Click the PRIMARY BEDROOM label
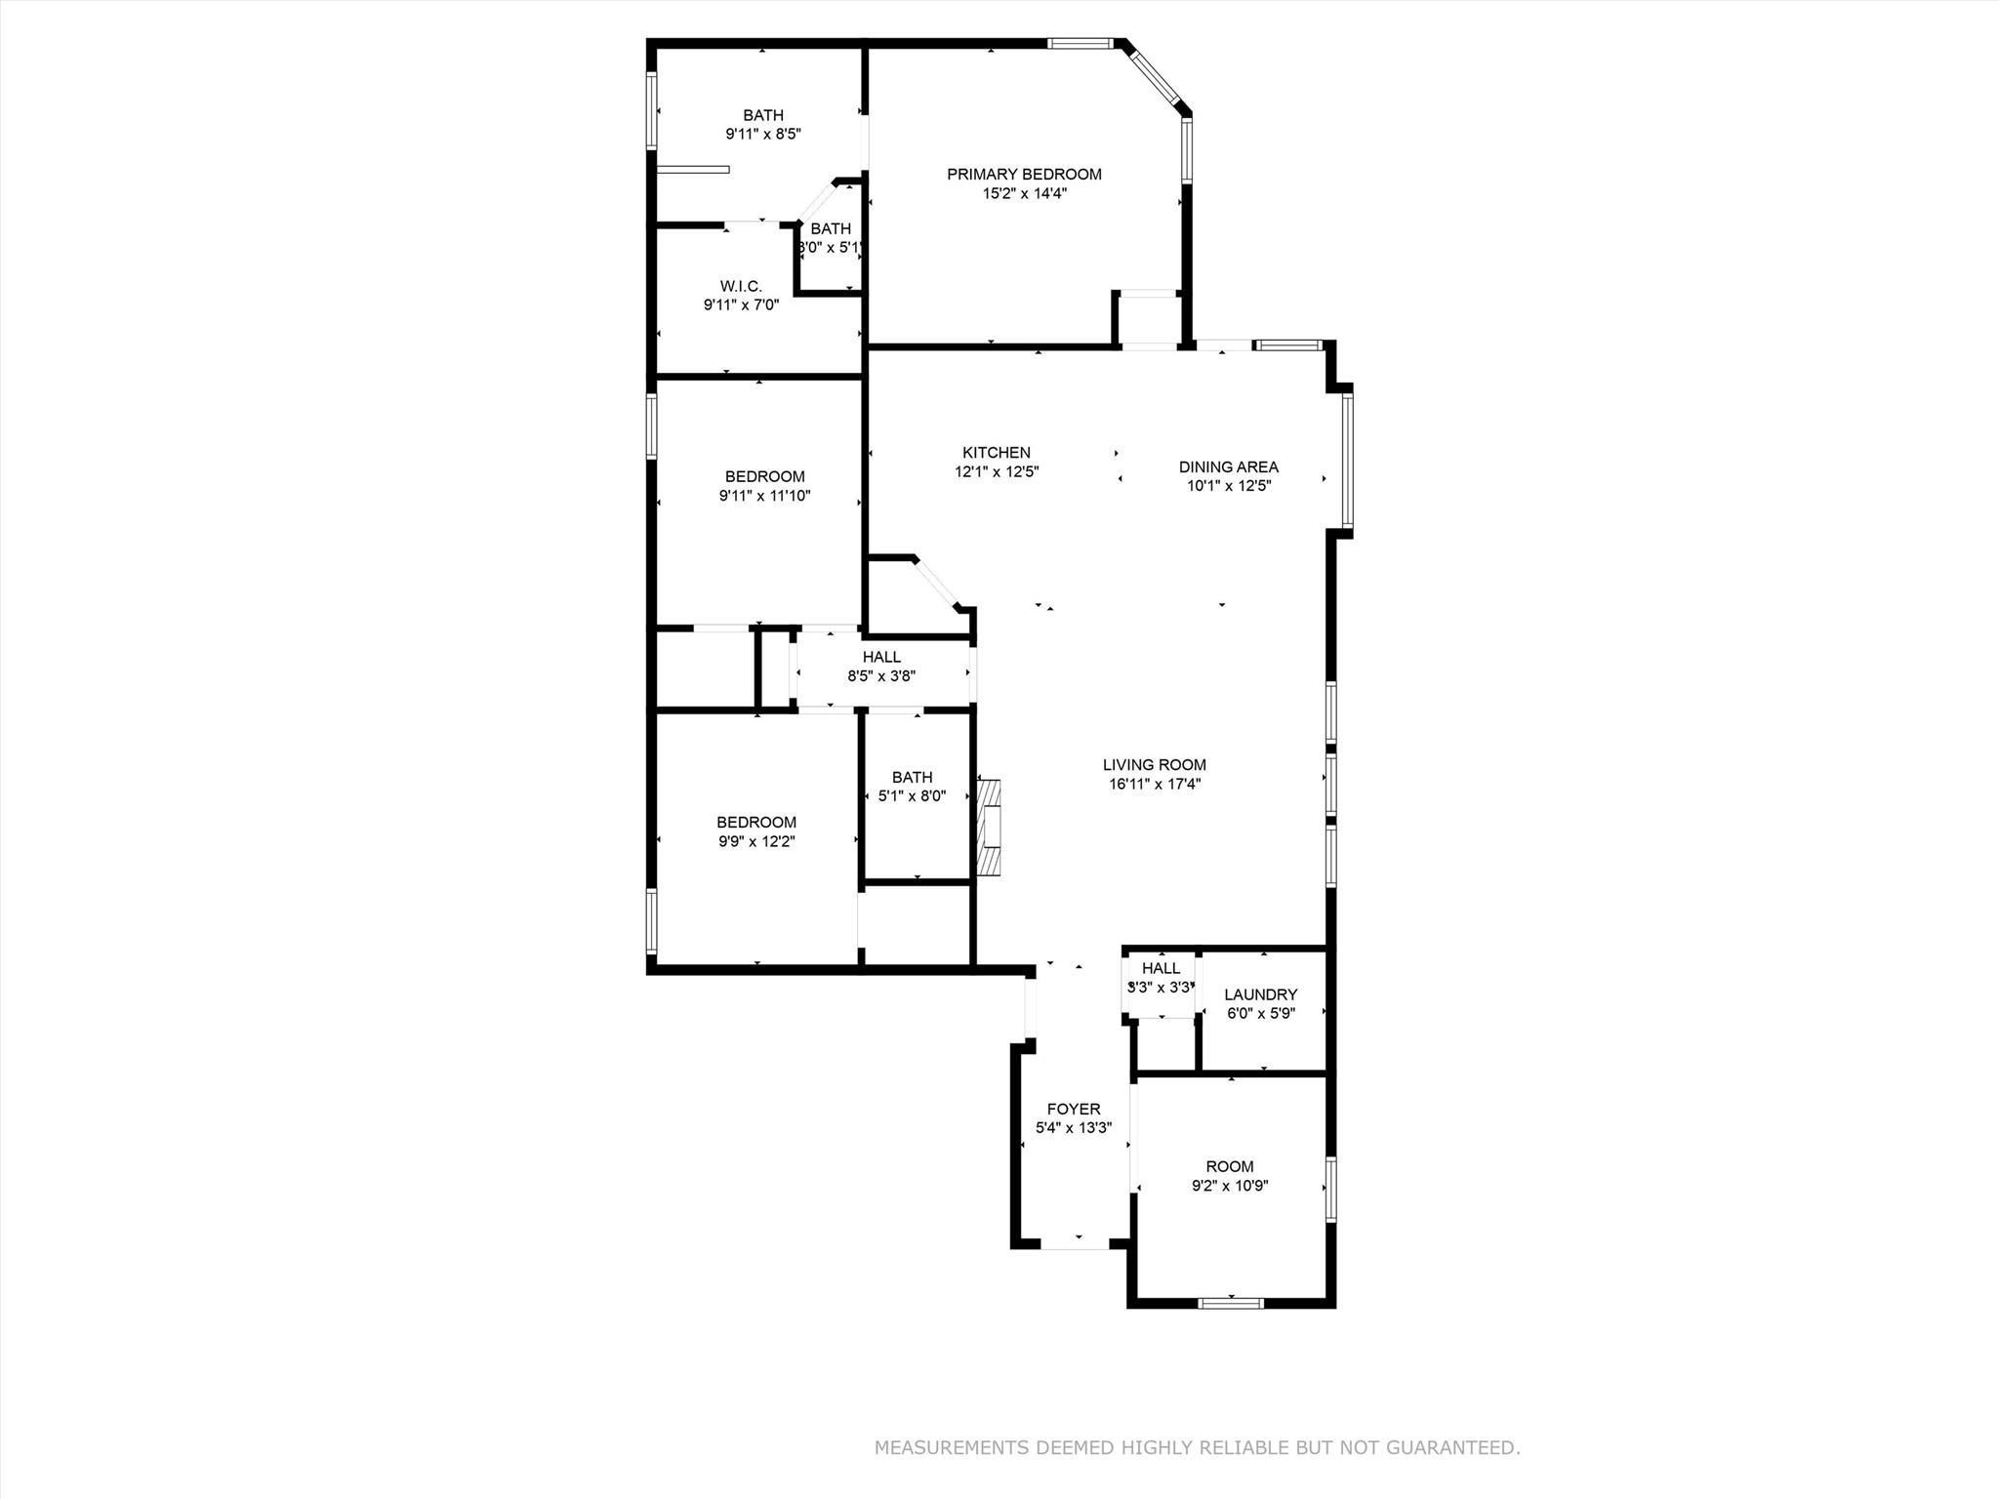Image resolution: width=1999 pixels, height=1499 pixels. click(x=1024, y=175)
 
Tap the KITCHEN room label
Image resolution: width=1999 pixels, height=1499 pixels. click(x=996, y=453)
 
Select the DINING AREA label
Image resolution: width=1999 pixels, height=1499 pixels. click(x=1228, y=467)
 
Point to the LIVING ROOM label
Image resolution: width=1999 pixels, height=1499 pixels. click(x=1154, y=765)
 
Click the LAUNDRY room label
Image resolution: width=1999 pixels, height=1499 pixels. click(x=1260, y=994)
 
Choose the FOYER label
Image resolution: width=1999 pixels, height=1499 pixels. click(x=1073, y=1109)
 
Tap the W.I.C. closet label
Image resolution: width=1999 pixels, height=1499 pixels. click(x=741, y=286)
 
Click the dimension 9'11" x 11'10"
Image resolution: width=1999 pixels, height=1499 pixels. click(x=764, y=496)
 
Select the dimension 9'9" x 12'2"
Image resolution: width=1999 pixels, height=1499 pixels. click(x=756, y=841)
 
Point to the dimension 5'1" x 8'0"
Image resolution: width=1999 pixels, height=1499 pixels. click(x=912, y=796)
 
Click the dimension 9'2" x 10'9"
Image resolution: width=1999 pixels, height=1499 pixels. click(x=1229, y=1186)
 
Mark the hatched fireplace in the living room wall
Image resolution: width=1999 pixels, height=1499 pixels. click(x=990, y=827)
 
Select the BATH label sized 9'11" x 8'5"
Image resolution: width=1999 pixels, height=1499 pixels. click(x=762, y=116)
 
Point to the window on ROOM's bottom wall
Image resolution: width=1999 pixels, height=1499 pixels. click(x=1231, y=1302)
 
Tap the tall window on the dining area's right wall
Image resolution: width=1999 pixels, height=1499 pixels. click(x=1347, y=459)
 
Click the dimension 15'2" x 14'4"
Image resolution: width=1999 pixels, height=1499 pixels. click(x=1024, y=193)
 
